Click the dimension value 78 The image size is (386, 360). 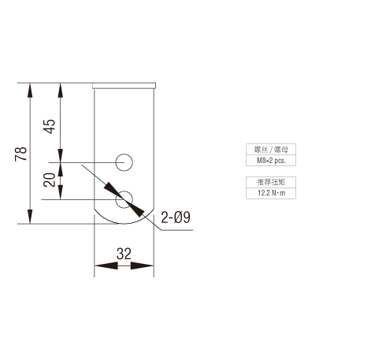pos(21,154)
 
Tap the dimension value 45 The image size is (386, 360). pos(50,127)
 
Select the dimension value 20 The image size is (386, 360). pos(50,180)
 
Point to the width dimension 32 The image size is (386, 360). pos(124,254)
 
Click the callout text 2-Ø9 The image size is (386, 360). pos(176,217)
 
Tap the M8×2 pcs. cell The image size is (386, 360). pos(271,161)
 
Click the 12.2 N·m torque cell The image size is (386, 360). pos(271,193)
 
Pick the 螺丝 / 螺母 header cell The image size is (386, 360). pos(271,150)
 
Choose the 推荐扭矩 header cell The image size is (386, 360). pos(271,182)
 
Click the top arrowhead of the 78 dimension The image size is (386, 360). pos(30,90)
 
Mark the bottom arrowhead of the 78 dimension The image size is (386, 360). pos(30,217)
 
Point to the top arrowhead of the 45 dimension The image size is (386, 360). pos(61,90)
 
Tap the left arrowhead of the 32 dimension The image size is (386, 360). pos(106,265)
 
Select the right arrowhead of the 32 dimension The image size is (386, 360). pos(142,265)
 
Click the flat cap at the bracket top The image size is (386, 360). pos(124,86)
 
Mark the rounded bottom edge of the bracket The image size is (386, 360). pos(124,224)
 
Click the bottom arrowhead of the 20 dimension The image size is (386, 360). pos(61,192)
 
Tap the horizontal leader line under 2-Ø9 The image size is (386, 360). pos(177,230)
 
